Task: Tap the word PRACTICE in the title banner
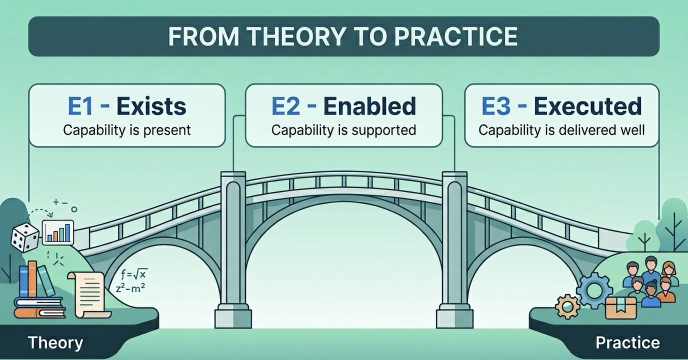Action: point(456,36)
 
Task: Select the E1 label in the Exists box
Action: point(80,106)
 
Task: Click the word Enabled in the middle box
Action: point(370,106)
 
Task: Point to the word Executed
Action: point(588,106)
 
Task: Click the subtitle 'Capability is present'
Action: point(127,130)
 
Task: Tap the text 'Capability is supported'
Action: point(343,130)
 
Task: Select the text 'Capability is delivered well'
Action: point(561,130)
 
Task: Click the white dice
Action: point(25,236)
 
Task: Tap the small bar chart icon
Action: point(58,232)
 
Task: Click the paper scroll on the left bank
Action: point(89,294)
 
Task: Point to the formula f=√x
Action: point(134,273)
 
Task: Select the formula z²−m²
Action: point(130,288)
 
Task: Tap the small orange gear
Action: point(567,306)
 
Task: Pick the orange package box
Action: point(620,308)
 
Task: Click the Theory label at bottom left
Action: point(55,342)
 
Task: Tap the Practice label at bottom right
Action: point(628,342)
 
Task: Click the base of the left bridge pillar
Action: point(233,316)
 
